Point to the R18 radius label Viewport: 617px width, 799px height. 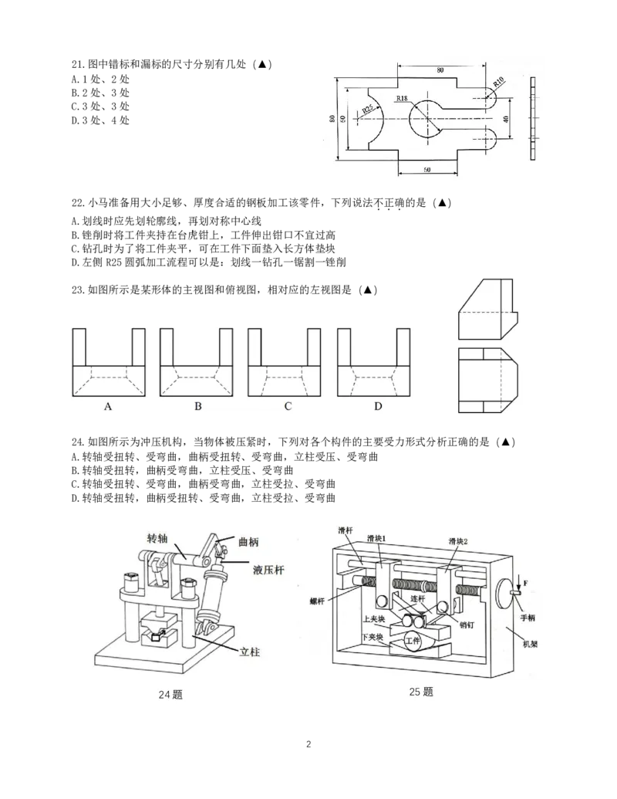click(402, 98)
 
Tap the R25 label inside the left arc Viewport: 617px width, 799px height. click(368, 109)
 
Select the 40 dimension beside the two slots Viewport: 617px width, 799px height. click(505, 119)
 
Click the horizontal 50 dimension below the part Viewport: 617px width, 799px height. click(427, 170)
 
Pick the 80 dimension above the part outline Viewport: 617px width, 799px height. click(440, 69)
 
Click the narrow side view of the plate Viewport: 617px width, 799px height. click(532, 118)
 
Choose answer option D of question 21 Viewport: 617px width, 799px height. click(100, 120)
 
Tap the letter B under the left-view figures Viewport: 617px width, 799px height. click(198, 406)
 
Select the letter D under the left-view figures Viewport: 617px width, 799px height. click(378, 406)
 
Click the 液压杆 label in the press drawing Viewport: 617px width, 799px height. click(268, 570)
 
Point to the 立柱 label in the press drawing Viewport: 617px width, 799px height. click(249, 652)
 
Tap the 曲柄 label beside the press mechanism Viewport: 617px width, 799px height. click(248, 542)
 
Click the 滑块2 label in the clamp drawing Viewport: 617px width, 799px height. click(458, 540)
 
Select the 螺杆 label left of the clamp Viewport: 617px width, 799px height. click(318, 601)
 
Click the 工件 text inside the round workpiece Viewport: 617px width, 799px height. click(413, 640)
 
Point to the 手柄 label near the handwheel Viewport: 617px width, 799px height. click(528, 618)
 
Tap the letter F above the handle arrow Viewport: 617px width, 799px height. click(526, 583)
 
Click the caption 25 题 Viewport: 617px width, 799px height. click(421, 692)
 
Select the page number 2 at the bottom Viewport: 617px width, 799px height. click(308, 744)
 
